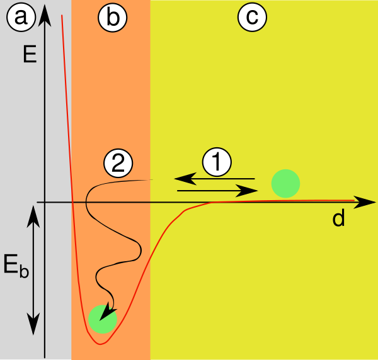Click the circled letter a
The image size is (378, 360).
21,17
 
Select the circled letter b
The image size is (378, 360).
113,18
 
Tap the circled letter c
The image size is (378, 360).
252,17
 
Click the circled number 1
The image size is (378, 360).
217,162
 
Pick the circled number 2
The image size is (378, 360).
118,163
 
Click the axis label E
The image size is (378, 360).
30,54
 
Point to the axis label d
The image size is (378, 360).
338,217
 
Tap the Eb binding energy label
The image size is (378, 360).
16,266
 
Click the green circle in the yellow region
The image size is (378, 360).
285,184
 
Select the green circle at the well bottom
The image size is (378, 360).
103,319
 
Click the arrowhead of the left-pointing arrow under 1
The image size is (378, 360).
185,179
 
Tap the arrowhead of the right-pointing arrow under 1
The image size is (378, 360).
247,191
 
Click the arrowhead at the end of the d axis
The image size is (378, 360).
365,202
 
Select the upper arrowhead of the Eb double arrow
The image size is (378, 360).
33,217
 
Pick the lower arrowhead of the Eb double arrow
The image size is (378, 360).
33,324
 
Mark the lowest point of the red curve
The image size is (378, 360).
101,344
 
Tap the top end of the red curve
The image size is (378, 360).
62,15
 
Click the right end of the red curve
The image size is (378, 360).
354,200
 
